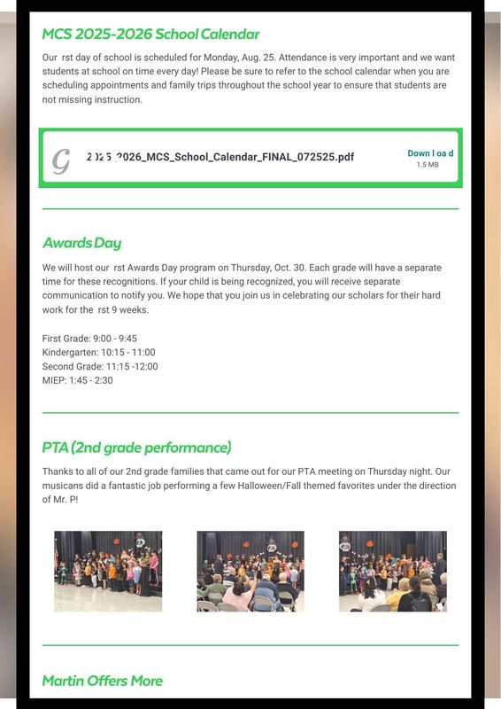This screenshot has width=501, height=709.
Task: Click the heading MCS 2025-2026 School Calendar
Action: coord(150,35)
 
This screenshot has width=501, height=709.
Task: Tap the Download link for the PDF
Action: coord(430,153)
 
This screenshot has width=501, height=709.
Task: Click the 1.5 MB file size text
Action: coord(428,165)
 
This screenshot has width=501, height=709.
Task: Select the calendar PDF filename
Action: coord(220,157)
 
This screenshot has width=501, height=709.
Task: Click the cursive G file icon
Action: coord(61,160)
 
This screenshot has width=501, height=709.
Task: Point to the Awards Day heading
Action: coord(81,243)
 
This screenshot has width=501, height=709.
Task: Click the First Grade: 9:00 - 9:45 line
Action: coord(89,339)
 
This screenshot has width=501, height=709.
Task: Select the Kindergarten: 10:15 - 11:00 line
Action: coord(98,353)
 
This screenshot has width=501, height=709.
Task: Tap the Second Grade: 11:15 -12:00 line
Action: coord(100,367)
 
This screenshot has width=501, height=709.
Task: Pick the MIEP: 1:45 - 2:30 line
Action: coord(78,381)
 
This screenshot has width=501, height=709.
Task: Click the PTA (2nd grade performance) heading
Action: coord(136,448)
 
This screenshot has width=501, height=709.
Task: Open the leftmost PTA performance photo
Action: coord(108,571)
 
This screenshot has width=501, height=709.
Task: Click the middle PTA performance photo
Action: coord(250,571)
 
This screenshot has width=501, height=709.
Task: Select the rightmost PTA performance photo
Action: coord(393,571)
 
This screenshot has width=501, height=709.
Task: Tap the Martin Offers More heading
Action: coord(102,681)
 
